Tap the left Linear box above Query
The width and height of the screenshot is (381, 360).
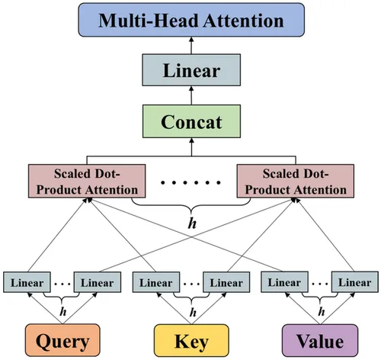tap(27, 281)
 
